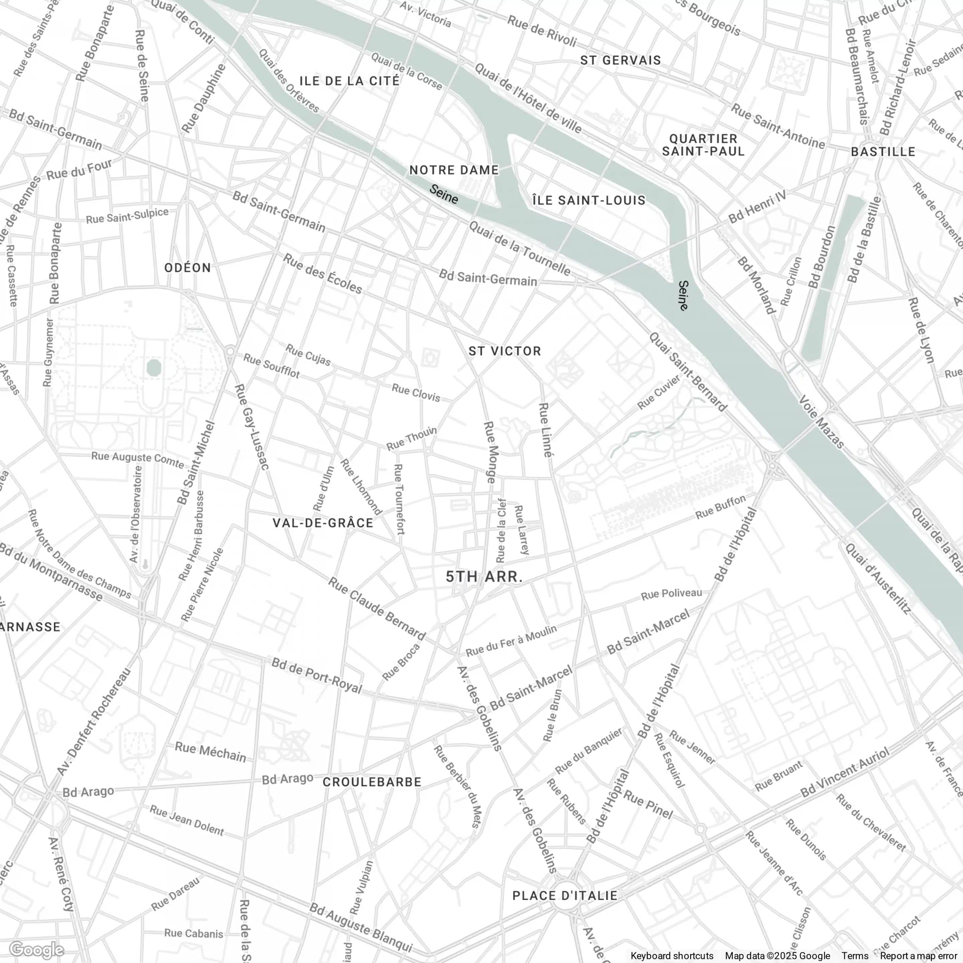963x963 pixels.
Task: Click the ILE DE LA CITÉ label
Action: (x=349, y=81)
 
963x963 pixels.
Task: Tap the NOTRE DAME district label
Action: (x=454, y=170)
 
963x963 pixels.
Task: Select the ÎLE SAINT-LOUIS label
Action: (x=588, y=200)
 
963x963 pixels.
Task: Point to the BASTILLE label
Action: (x=883, y=151)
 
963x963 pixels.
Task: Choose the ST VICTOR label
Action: (x=505, y=351)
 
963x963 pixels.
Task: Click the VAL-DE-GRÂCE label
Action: (x=323, y=523)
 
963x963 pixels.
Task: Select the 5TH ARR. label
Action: (x=484, y=577)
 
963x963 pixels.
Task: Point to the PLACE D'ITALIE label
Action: (x=565, y=895)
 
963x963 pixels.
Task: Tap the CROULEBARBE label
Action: (x=372, y=781)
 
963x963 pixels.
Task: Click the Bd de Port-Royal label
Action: (x=317, y=675)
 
